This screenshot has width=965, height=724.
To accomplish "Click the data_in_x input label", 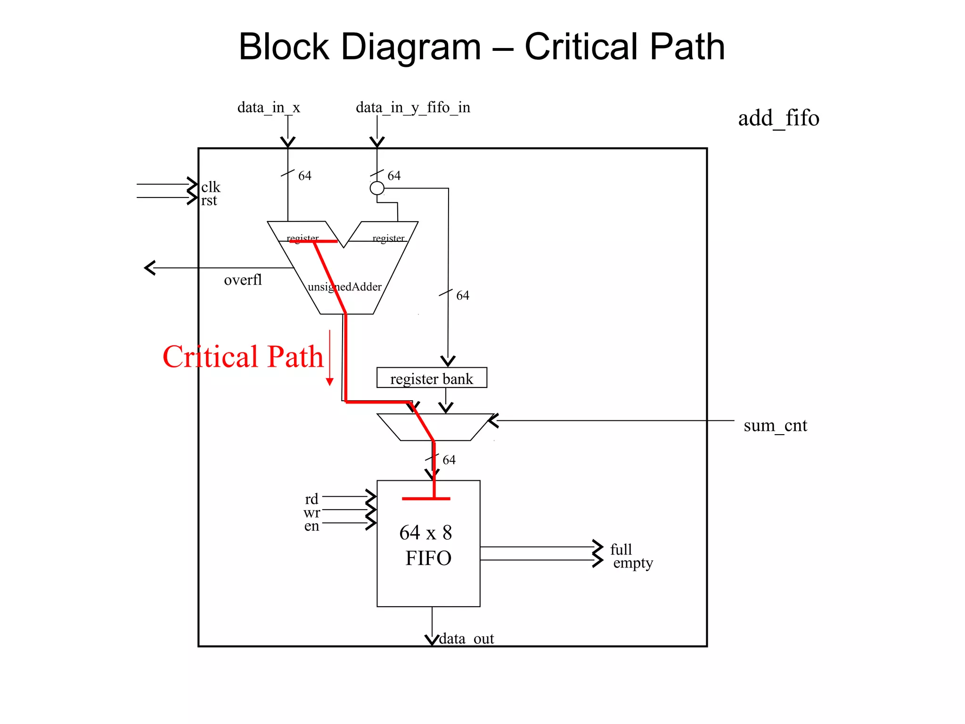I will click(x=269, y=107).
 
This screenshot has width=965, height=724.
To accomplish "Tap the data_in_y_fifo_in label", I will click(x=413, y=107).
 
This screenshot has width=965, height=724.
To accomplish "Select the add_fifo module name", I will click(x=778, y=118).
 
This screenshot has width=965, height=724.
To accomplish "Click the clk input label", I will click(x=211, y=187).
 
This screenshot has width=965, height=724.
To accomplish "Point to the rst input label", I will click(x=209, y=200).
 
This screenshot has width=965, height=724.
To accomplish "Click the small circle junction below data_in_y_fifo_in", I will click(x=377, y=188).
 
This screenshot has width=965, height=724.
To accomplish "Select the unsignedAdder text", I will click(x=344, y=287).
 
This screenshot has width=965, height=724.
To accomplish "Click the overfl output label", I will click(x=243, y=280).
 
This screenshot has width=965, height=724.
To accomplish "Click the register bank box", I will click(x=432, y=378).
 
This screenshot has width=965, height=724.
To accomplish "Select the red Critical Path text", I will click(x=243, y=357).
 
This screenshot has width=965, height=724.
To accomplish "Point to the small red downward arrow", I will click(x=330, y=381).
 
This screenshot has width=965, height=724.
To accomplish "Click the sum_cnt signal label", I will click(x=775, y=426).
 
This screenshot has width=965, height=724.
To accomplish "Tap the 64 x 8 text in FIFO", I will click(x=425, y=533).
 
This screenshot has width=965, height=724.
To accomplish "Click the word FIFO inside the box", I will click(x=428, y=559).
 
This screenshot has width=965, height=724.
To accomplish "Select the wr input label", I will click(x=311, y=512).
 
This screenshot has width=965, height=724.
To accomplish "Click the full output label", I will click(x=621, y=549).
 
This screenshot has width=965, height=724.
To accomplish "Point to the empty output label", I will click(x=633, y=563).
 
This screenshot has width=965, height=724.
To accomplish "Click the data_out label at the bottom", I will click(x=466, y=639).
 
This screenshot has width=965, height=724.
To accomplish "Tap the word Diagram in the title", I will click(x=411, y=47).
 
